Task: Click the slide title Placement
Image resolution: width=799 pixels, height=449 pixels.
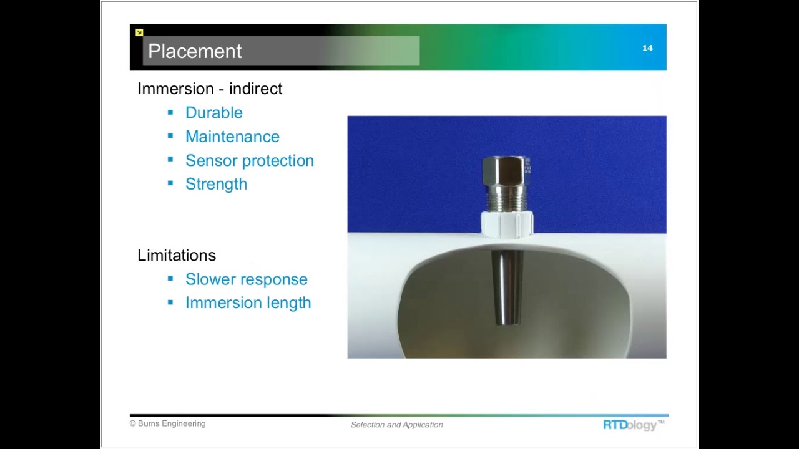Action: (x=195, y=51)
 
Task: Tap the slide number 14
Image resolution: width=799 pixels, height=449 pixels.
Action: (x=647, y=48)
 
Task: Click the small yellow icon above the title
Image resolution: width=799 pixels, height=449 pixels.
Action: (x=139, y=32)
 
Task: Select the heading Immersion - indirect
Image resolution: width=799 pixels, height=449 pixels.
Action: (x=210, y=89)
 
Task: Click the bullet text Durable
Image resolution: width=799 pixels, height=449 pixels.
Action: (x=213, y=113)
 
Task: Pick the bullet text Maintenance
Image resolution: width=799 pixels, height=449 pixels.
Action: (x=232, y=137)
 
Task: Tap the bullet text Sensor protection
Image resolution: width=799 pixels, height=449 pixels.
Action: (x=249, y=160)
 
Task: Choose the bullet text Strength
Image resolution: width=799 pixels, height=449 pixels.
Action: (x=216, y=184)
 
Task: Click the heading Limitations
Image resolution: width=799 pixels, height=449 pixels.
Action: (x=177, y=255)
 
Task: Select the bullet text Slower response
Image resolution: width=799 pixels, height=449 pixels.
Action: (x=246, y=279)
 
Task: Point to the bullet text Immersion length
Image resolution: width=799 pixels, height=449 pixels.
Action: (x=248, y=303)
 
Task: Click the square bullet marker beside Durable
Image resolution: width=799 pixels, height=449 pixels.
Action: (x=170, y=112)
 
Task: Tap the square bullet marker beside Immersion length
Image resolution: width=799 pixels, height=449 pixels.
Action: (x=170, y=302)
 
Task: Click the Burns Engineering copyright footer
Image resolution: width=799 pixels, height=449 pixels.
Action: (x=167, y=423)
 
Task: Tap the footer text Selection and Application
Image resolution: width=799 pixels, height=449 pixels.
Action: (x=396, y=425)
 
